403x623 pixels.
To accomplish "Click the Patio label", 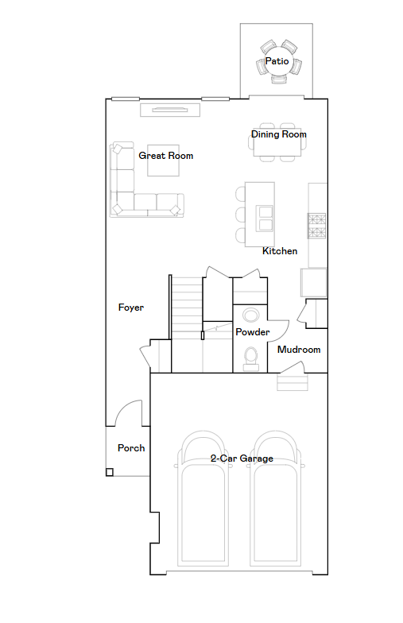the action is pyautogui.click(x=277, y=60).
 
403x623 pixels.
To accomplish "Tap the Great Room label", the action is pyautogui.click(x=165, y=156).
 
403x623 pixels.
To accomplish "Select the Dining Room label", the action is pyautogui.click(x=278, y=134).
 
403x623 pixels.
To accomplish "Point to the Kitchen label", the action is pyautogui.click(x=280, y=251).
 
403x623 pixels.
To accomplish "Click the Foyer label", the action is pyautogui.click(x=130, y=308).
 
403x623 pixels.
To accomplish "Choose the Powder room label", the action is pyautogui.click(x=253, y=332).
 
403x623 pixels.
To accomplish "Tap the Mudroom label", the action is pyautogui.click(x=299, y=350).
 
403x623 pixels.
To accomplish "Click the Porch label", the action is pyautogui.click(x=131, y=448).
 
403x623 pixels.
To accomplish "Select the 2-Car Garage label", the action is pyautogui.click(x=242, y=459).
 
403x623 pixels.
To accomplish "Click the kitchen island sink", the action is pyautogui.click(x=264, y=218).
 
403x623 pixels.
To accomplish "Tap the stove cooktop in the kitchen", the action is pyautogui.click(x=316, y=226).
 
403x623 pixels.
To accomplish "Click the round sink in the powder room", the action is pyautogui.click(x=250, y=315).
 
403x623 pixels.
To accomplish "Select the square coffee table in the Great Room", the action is pyautogui.click(x=164, y=161).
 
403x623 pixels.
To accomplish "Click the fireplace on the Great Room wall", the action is pyautogui.click(x=170, y=110).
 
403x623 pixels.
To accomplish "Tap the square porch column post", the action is pyautogui.click(x=110, y=472).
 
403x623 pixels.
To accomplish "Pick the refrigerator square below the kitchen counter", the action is pyautogui.click(x=313, y=283).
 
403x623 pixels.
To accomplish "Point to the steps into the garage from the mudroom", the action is pyautogui.click(x=293, y=381).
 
